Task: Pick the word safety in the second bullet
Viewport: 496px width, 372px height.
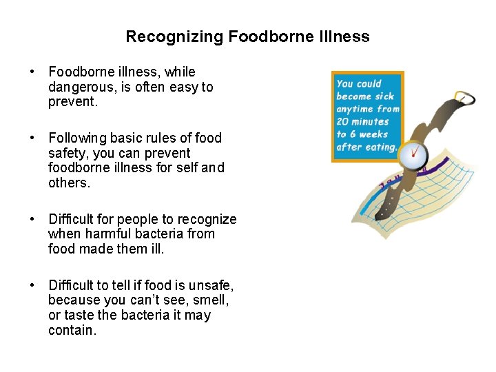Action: pos(67,153)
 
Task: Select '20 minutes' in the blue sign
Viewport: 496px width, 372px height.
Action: pos(362,121)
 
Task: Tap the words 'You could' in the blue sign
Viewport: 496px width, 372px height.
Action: pos(359,84)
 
